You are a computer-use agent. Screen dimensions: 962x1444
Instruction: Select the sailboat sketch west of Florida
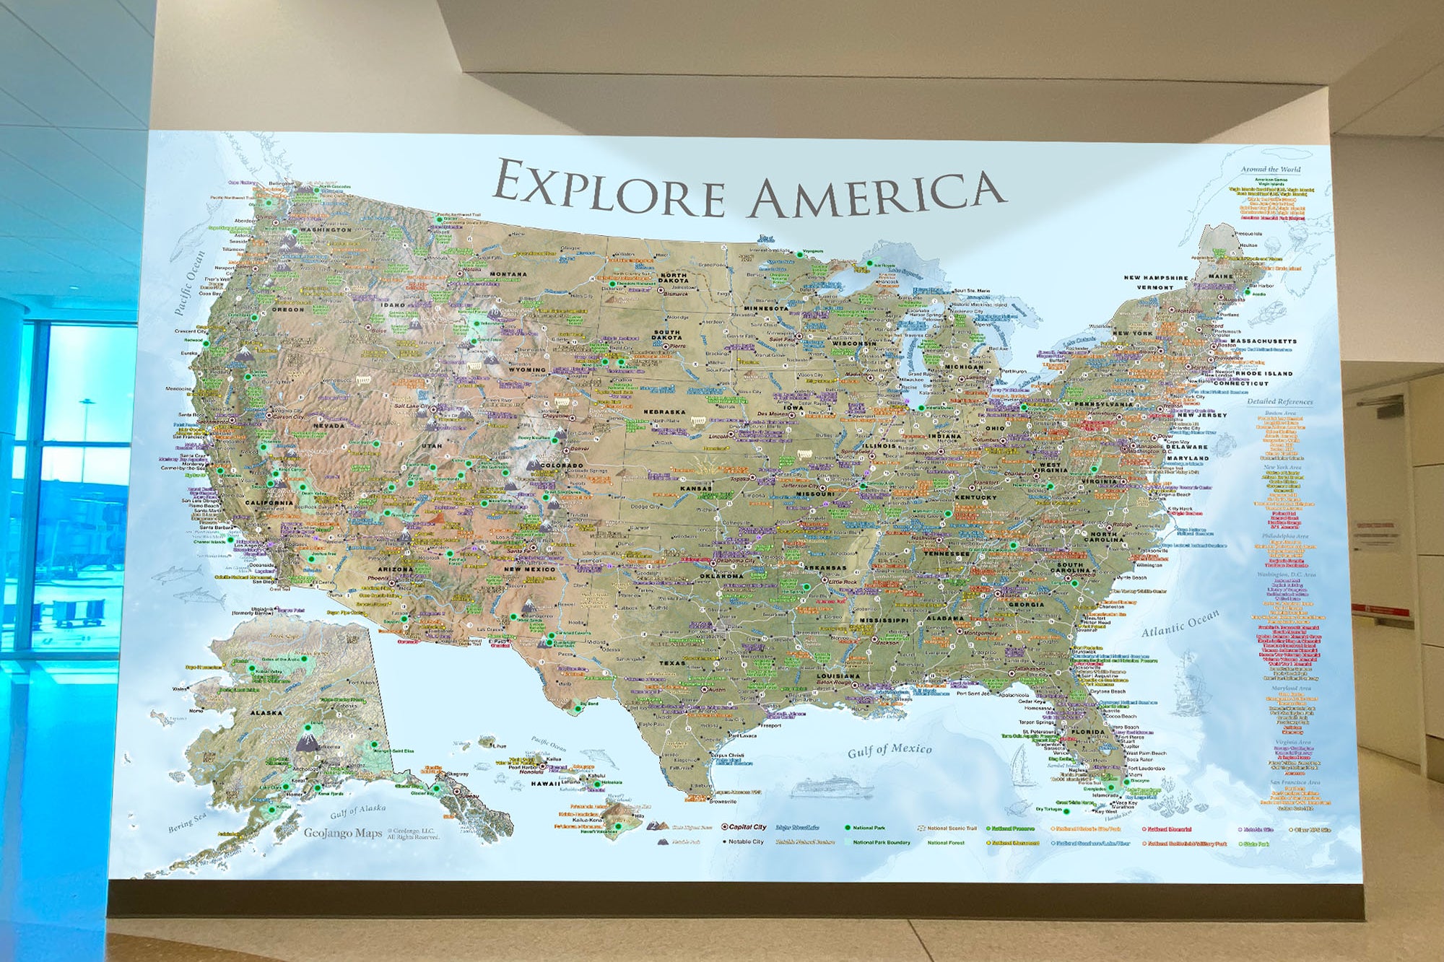(x=1019, y=766)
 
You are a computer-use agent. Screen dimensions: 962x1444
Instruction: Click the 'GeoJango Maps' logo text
(x=342, y=833)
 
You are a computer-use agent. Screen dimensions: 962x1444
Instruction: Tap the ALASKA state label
(x=266, y=712)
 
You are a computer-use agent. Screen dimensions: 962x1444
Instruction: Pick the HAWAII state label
(x=545, y=783)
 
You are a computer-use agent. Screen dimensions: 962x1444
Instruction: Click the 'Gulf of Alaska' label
(x=357, y=811)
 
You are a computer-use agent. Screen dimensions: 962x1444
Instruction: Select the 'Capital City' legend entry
(x=746, y=827)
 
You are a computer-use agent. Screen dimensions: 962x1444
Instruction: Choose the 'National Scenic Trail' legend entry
(x=951, y=828)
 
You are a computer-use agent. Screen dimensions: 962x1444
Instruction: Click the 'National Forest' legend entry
(x=946, y=842)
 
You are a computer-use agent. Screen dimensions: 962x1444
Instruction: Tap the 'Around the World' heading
(x=1271, y=170)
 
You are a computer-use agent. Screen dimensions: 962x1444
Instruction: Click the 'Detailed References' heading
(x=1279, y=401)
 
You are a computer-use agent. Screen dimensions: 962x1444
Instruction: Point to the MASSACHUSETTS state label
(x=1263, y=341)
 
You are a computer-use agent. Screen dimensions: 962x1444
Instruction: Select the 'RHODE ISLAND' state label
(x=1263, y=373)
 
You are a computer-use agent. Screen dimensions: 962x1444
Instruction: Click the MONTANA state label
(x=508, y=274)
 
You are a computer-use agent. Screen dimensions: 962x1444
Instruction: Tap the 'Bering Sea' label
(x=186, y=822)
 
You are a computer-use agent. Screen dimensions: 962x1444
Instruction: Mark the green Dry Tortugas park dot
(x=1067, y=811)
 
